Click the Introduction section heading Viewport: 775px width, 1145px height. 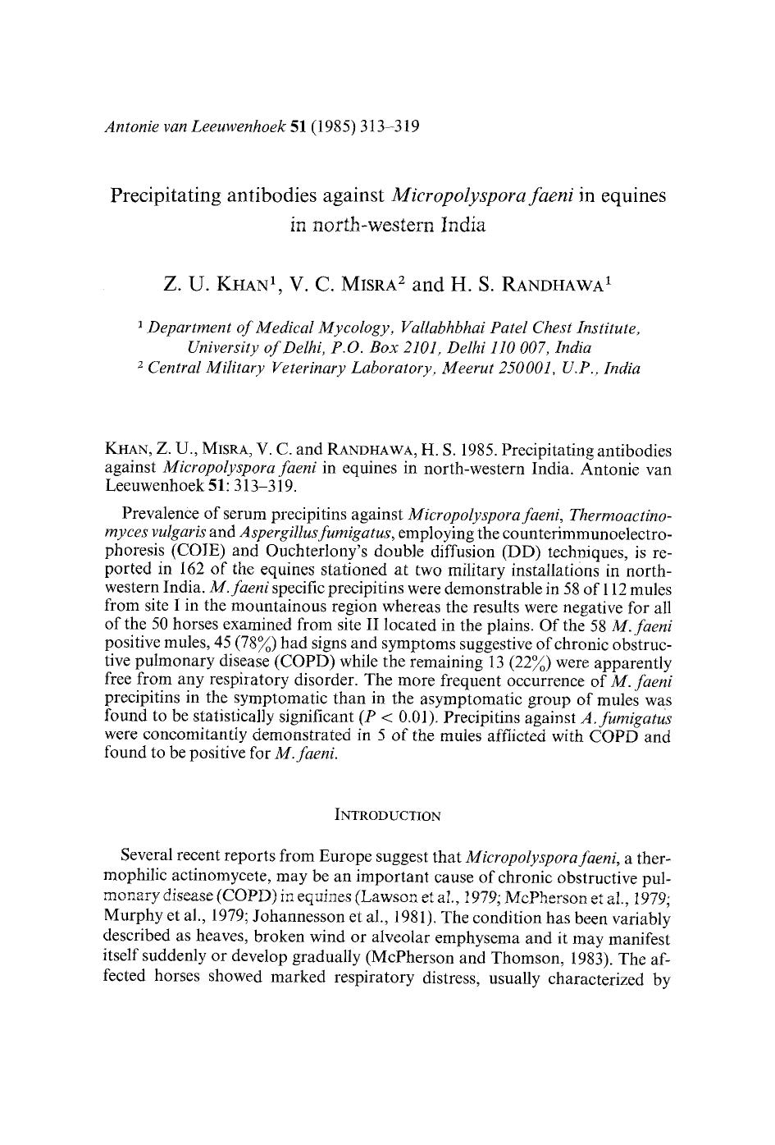[388, 816]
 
